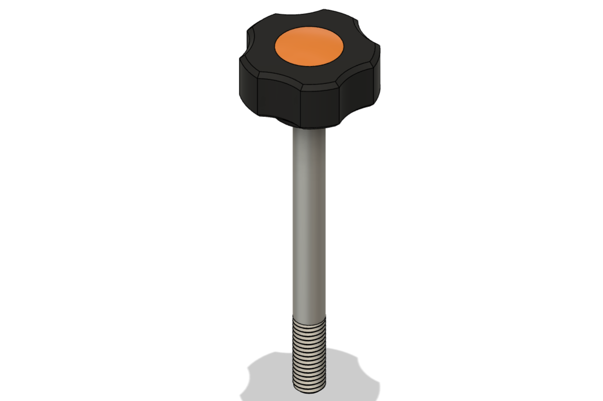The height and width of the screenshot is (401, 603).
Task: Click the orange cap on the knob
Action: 309,47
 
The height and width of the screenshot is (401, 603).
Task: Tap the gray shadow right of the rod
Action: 348,371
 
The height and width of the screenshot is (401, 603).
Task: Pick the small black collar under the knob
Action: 286,122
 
